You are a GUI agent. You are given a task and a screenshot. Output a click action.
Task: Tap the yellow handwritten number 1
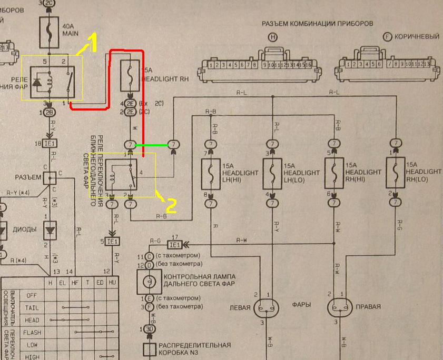(x=92, y=42)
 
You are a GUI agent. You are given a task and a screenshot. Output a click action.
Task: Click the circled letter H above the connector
(x=272, y=37)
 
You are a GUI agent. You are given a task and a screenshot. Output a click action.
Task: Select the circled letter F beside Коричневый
(x=388, y=37)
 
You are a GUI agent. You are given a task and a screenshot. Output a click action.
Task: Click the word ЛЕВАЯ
(x=237, y=306)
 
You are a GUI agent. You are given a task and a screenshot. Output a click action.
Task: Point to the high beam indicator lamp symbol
(x=149, y=283)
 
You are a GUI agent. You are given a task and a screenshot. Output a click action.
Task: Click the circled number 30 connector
(x=149, y=329)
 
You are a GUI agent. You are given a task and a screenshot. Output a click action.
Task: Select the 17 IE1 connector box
(x=175, y=244)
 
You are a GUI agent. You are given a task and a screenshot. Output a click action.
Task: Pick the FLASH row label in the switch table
(x=32, y=333)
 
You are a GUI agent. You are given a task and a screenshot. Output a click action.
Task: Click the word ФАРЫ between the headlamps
(x=301, y=305)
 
